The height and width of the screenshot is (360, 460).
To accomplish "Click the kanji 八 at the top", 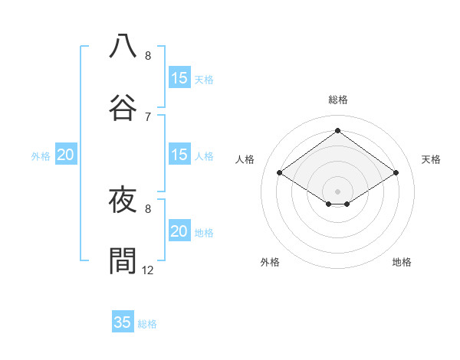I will tap(123, 46).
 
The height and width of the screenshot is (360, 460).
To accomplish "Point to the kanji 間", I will tap(123, 260).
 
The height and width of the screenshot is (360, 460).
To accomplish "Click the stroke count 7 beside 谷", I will tap(148, 116).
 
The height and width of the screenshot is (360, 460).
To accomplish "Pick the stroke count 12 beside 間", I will tap(148, 270).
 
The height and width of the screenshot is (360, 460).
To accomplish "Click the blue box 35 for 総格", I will tap(123, 322).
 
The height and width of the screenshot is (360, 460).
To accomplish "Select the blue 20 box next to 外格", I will tap(65, 155).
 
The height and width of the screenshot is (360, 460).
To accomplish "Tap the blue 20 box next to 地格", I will tap(179, 231).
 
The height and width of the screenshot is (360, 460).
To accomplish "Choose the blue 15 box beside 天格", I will tap(179, 78).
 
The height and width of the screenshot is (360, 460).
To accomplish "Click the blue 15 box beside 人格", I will tap(179, 155).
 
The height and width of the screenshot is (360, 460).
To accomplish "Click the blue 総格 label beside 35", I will tap(147, 324).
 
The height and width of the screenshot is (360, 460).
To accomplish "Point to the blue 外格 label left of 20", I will tap(41, 156).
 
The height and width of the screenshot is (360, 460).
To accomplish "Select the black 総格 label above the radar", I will tap(337, 100).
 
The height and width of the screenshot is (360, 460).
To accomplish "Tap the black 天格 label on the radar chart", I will tap(431, 159).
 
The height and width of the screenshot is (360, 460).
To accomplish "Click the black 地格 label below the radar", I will tap(402, 262).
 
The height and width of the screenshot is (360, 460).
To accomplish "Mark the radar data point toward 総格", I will tap(337, 130).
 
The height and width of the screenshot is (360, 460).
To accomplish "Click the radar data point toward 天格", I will tap(396, 173).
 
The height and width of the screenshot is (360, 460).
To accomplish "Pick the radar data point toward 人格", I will tap(280, 173).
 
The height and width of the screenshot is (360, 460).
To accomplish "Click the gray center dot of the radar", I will tap(337, 191).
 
